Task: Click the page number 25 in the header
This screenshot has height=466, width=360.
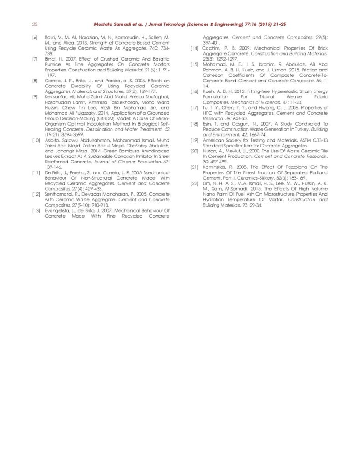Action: coord(35,24)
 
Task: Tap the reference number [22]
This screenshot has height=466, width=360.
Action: coord(193,183)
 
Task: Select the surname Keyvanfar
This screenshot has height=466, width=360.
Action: coord(56,97)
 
